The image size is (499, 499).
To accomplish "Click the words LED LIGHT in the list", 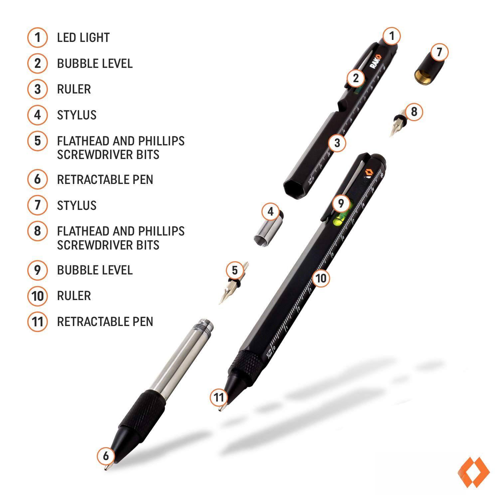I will (x=83, y=37).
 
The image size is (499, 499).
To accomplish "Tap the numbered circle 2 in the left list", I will (x=38, y=63).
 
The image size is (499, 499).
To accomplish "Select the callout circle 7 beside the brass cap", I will (x=439, y=52).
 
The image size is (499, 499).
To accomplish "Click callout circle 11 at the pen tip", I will (x=219, y=397).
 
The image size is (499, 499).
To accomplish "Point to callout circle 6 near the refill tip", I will (x=106, y=455).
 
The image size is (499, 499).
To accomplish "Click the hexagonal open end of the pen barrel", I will (x=294, y=189).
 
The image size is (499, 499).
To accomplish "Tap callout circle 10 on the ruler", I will (x=321, y=278).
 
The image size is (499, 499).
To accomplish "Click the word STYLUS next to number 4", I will (x=77, y=115).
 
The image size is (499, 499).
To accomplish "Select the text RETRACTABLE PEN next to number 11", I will (x=105, y=322).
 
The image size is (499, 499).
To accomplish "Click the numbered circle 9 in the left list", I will (x=38, y=270).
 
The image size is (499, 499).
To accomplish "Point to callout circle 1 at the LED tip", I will (x=392, y=36).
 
